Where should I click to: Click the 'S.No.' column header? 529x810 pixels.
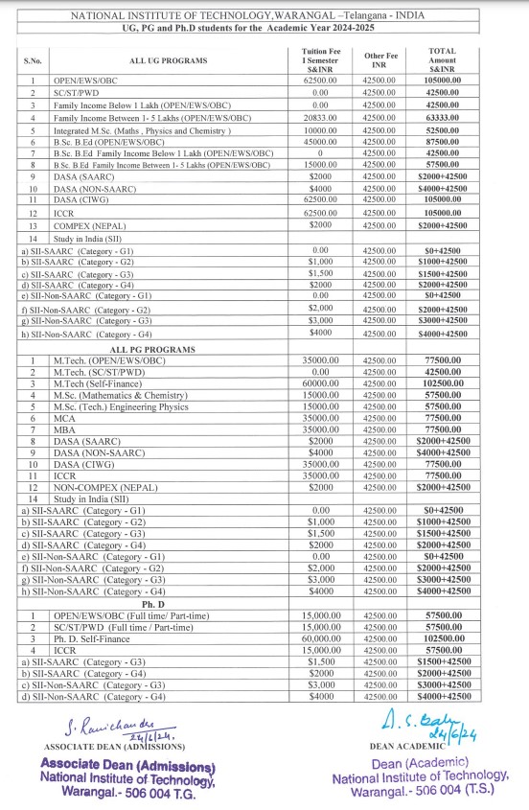click(x=33, y=60)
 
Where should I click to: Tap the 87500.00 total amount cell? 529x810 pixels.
click(x=444, y=141)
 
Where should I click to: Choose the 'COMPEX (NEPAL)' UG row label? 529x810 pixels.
click(x=90, y=223)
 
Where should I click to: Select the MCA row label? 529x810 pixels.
click(x=64, y=418)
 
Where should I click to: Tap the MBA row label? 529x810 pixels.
click(x=64, y=430)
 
